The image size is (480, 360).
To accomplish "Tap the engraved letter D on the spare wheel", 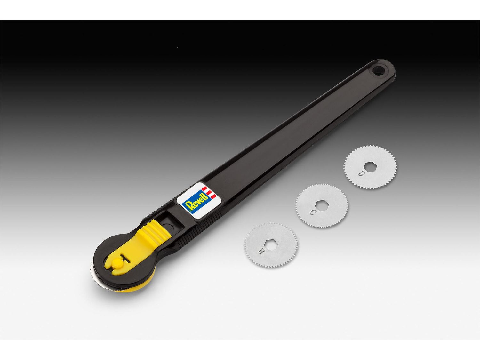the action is coord(361,173).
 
